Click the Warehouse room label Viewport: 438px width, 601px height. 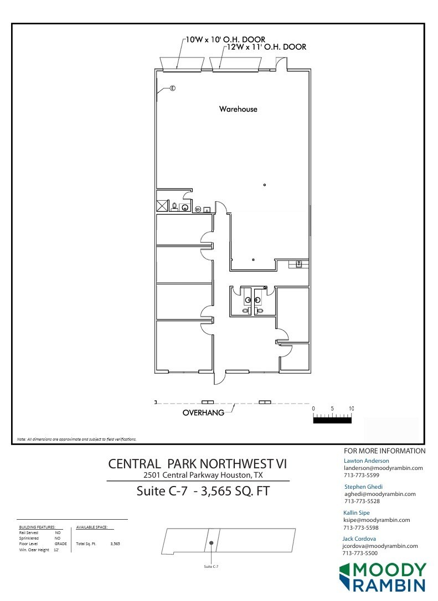(238, 109)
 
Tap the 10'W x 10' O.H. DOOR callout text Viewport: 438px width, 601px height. (225, 40)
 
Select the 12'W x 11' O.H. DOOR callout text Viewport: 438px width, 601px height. (265, 48)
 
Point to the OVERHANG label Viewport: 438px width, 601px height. (203, 412)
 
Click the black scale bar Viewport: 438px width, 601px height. (332, 420)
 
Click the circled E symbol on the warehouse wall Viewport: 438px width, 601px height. (172, 88)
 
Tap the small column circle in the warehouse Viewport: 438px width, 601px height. (265, 185)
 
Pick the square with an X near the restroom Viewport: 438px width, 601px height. (162, 206)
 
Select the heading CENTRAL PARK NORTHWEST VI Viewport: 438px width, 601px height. (197, 463)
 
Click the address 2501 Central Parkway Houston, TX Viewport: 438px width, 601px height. (203, 475)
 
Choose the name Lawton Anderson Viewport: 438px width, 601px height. (366, 461)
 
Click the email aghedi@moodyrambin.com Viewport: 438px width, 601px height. (380, 494)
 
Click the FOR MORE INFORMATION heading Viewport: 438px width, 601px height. (384, 451)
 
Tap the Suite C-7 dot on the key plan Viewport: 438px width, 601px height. (212, 543)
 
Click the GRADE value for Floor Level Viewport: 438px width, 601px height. (60, 544)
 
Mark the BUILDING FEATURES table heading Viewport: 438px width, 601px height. (37, 528)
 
